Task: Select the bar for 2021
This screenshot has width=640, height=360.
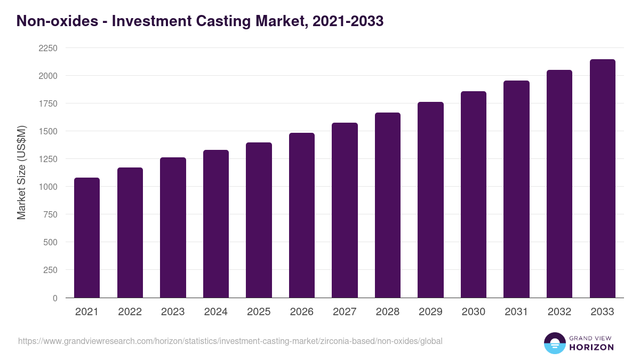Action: (x=87, y=237)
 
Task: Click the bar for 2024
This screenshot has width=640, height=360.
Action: (x=216, y=224)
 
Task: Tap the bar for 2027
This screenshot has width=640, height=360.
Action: (x=345, y=210)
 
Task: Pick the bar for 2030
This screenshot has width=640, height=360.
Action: (x=474, y=195)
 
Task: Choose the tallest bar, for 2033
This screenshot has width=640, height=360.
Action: (x=602, y=179)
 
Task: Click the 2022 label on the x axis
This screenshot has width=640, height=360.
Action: (x=130, y=312)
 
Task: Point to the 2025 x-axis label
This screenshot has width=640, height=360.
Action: (x=259, y=312)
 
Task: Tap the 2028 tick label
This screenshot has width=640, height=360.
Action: (x=388, y=312)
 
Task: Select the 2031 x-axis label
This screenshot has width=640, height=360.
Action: (x=516, y=312)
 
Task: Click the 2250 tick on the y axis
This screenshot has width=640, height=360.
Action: (x=48, y=48)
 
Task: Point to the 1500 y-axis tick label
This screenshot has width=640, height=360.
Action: (x=48, y=131)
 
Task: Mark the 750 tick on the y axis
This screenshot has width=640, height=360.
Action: (x=51, y=214)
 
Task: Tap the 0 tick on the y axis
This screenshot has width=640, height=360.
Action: (x=55, y=298)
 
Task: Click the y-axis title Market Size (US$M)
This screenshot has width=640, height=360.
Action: (x=21, y=173)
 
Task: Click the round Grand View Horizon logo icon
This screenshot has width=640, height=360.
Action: (x=554, y=343)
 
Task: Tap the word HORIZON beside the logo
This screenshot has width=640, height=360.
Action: (x=591, y=347)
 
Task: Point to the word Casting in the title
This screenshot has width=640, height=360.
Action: (x=226, y=21)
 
